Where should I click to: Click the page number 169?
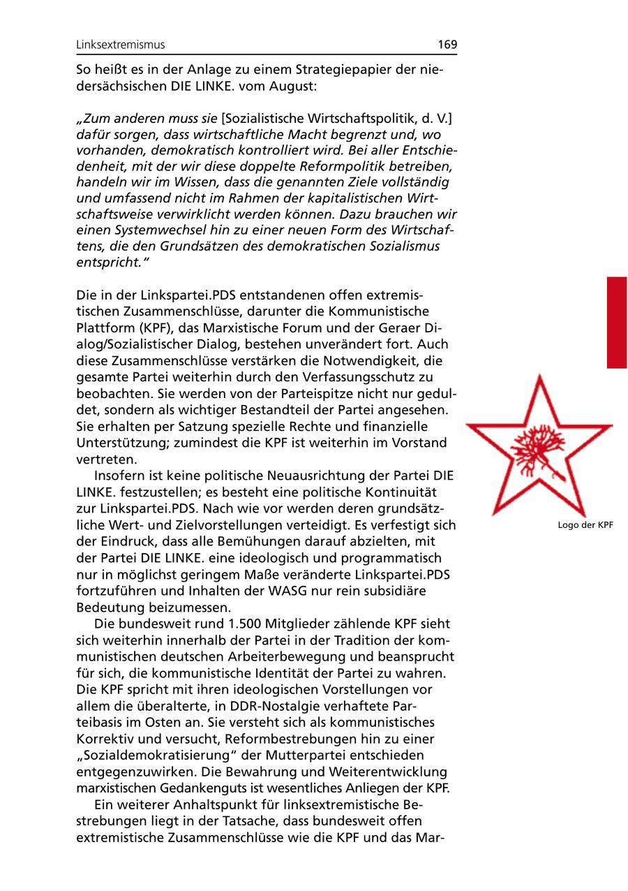pos(447,45)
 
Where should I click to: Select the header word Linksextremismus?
pos(121,45)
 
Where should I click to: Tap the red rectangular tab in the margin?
pos(617,322)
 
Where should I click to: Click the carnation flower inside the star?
pos(538,449)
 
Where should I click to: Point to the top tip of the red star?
pos(538,377)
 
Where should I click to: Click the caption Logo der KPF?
pos(585,525)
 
